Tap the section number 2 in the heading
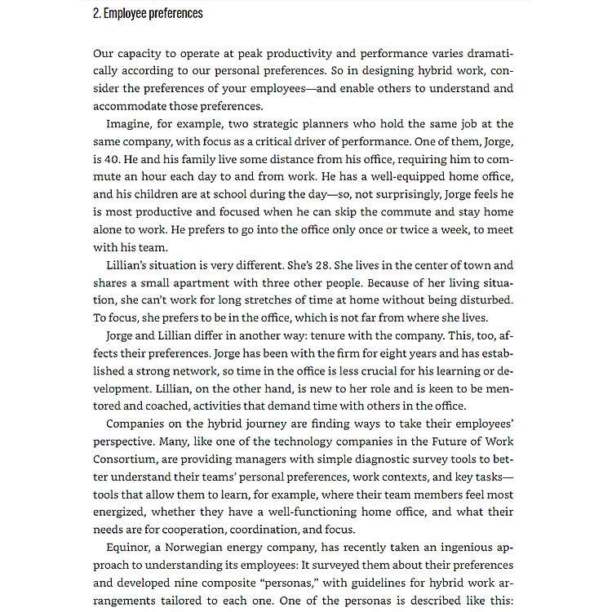[96, 13]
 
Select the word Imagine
[131, 124]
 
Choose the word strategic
[251, 124]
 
